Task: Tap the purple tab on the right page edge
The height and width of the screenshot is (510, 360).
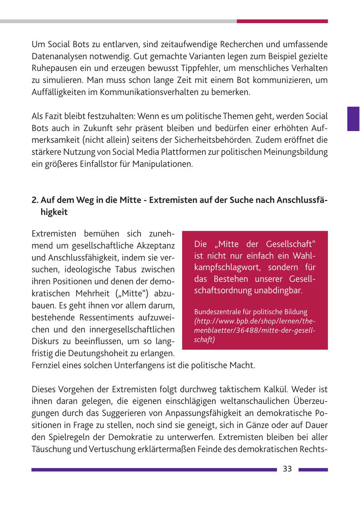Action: pyautogui.click(x=353, y=119)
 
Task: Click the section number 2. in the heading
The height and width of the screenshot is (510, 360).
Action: pyautogui.click(x=35, y=200)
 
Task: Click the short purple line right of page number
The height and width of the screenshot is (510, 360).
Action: pyautogui.click(x=313, y=470)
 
